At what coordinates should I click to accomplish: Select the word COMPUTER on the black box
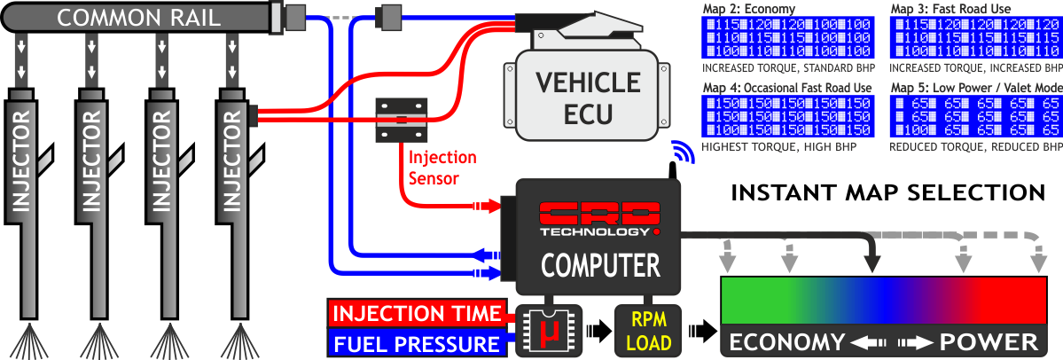pyautogui.click(x=600, y=264)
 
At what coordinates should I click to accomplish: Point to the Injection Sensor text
pyautogui.click(x=442, y=168)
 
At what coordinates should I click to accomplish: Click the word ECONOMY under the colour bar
pyautogui.click(x=787, y=342)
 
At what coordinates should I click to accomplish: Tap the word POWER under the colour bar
pyautogui.click(x=989, y=342)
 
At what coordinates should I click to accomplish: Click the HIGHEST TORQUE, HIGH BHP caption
pyautogui.click(x=779, y=145)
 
